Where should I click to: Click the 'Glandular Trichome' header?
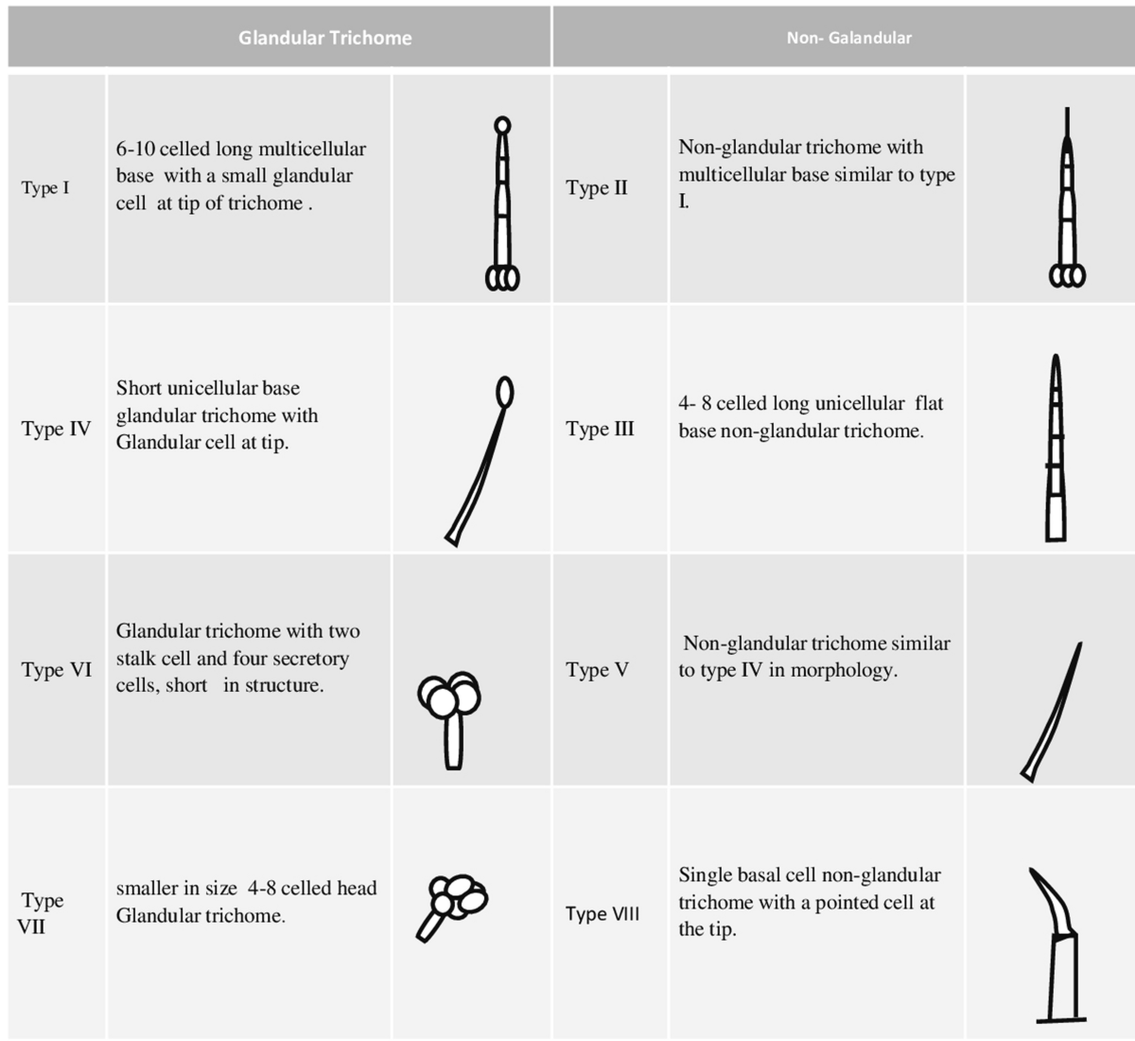324,38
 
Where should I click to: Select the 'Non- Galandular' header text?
848,38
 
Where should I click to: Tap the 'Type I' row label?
45,187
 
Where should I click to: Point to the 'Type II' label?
597,187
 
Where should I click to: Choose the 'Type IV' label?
56,429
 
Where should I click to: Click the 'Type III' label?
600,429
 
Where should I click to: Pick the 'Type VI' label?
57,670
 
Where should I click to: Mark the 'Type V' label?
597,670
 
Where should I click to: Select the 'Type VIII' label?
602,914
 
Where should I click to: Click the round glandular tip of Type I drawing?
502,125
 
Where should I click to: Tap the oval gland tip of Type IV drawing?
505,393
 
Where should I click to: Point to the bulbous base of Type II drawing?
1067,275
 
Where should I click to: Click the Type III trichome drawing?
1056,448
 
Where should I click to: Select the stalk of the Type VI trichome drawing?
453,741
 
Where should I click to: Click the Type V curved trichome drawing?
1051,713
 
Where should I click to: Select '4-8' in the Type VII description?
261,888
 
